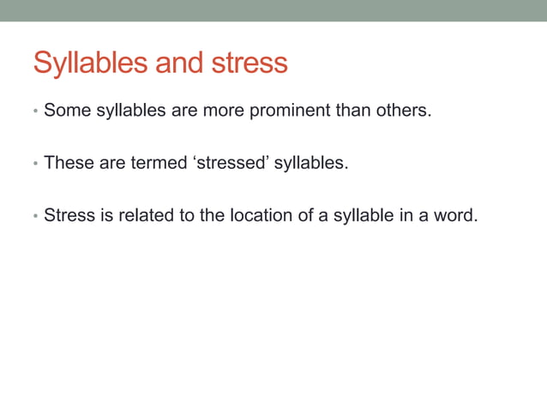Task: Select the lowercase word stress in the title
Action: point(249,63)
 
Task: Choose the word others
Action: point(402,111)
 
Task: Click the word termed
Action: point(157,163)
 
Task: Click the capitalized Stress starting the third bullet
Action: point(69,215)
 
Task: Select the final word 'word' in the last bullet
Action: point(454,215)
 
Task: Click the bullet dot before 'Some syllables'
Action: point(35,112)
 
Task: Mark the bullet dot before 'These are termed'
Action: point(35,164)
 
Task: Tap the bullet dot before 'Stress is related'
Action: point(35,216)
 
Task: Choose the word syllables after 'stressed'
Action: point(310,163)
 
